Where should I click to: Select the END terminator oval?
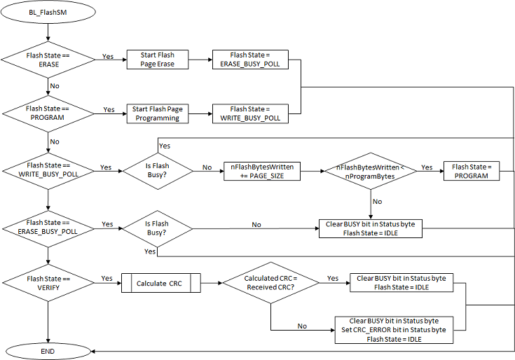click(x=48, y=350)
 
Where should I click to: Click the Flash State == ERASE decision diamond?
click(x=48, y=60)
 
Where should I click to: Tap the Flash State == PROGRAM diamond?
click(x=48, y=113)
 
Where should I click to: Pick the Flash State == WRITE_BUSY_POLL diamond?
click(x=48, y=168)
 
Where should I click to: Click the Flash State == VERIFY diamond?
click(x=48, y=282)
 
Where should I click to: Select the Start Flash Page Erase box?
click(x=158, y=60)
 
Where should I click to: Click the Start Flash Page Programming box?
click(x=158, y=113)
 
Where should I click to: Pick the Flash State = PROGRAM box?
click(x=471, y=171)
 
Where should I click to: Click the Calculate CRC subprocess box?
click(x=161, y=283)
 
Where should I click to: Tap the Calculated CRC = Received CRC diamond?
click(x=270, y=283)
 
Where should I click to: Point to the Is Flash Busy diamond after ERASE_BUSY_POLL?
click(x=157, y=229)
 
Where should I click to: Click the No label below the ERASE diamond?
click(x=54, y=85)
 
